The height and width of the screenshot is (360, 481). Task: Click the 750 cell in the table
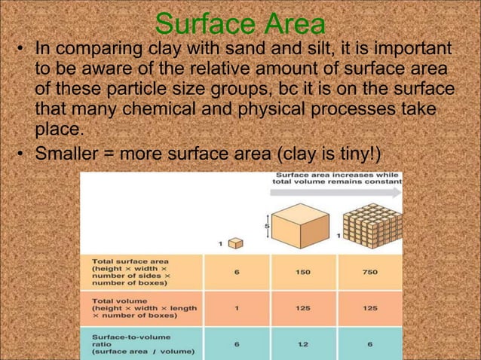tap(369, 272)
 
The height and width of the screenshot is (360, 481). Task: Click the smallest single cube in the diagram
tap(235, 243)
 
